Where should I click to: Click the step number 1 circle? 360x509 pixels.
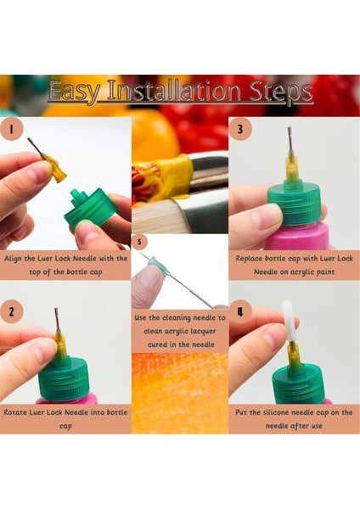pos(11,129)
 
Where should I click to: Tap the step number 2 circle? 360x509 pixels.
pos(11,312)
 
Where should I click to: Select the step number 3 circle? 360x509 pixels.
pos(240,129)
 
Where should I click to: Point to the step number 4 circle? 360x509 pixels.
pos(240,311)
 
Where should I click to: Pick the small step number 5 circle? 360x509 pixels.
pos(139,242)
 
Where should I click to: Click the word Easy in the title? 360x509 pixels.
pos(75,92)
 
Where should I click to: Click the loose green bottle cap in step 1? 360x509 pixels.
pos(92,207)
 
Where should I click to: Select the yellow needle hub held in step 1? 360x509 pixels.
pos(54,169)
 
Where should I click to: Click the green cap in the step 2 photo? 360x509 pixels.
pos(64,378)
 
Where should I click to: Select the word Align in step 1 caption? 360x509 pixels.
pos(13,259)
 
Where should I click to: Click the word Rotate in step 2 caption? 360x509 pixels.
pos(15,412)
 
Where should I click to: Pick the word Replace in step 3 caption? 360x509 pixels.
pos(250,259)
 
